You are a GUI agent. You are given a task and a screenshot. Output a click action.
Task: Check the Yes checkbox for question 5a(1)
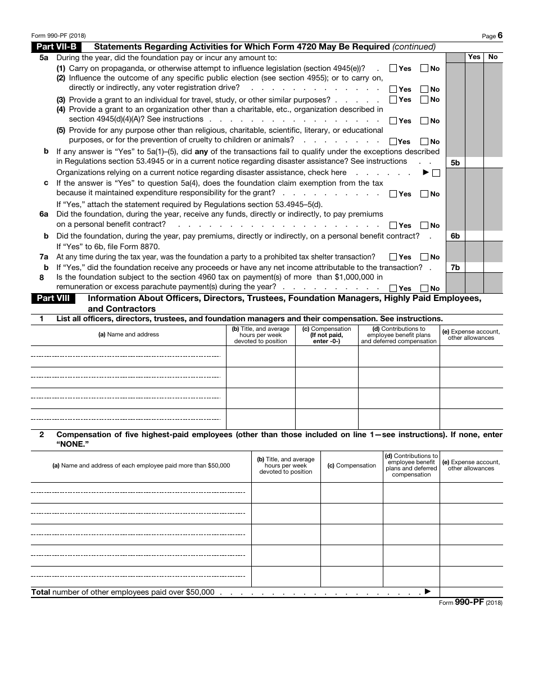click(x=393, y=69)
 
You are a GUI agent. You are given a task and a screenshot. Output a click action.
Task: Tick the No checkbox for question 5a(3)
click(x=424, y=100)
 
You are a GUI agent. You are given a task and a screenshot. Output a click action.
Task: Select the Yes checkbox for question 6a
click(x=393, y=226)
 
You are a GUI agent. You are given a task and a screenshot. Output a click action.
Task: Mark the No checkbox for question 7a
click(x=424, y=257)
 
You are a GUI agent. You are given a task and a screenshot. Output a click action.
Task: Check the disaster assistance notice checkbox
click(x=436, y=173)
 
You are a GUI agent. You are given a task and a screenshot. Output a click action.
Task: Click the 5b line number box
click(x=455, y=163)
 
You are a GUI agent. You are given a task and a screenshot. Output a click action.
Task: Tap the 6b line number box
click(x=455, y=236)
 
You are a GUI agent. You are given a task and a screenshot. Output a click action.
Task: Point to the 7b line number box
click(x=455, y=268)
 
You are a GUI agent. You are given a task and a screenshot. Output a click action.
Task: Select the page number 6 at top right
click(x=500, y=35)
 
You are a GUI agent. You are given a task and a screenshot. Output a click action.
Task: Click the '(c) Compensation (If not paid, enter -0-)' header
click(x=327, y=335)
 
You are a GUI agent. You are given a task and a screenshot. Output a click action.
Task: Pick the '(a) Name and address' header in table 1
click(x=129, y=335)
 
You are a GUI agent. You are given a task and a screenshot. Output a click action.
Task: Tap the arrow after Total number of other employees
click(x=427, y=591)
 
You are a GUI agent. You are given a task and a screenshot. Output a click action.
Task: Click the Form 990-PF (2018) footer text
click(x=470, y=603)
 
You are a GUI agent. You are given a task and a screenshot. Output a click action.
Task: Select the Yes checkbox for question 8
click(x=393, y=289)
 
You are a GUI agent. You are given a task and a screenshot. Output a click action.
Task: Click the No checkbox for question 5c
click(x=424, y=194)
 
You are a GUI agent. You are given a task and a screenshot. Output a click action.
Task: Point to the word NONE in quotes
click(x=73, y=444)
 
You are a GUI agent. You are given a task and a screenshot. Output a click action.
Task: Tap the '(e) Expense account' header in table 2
click(x=471, y=465)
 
